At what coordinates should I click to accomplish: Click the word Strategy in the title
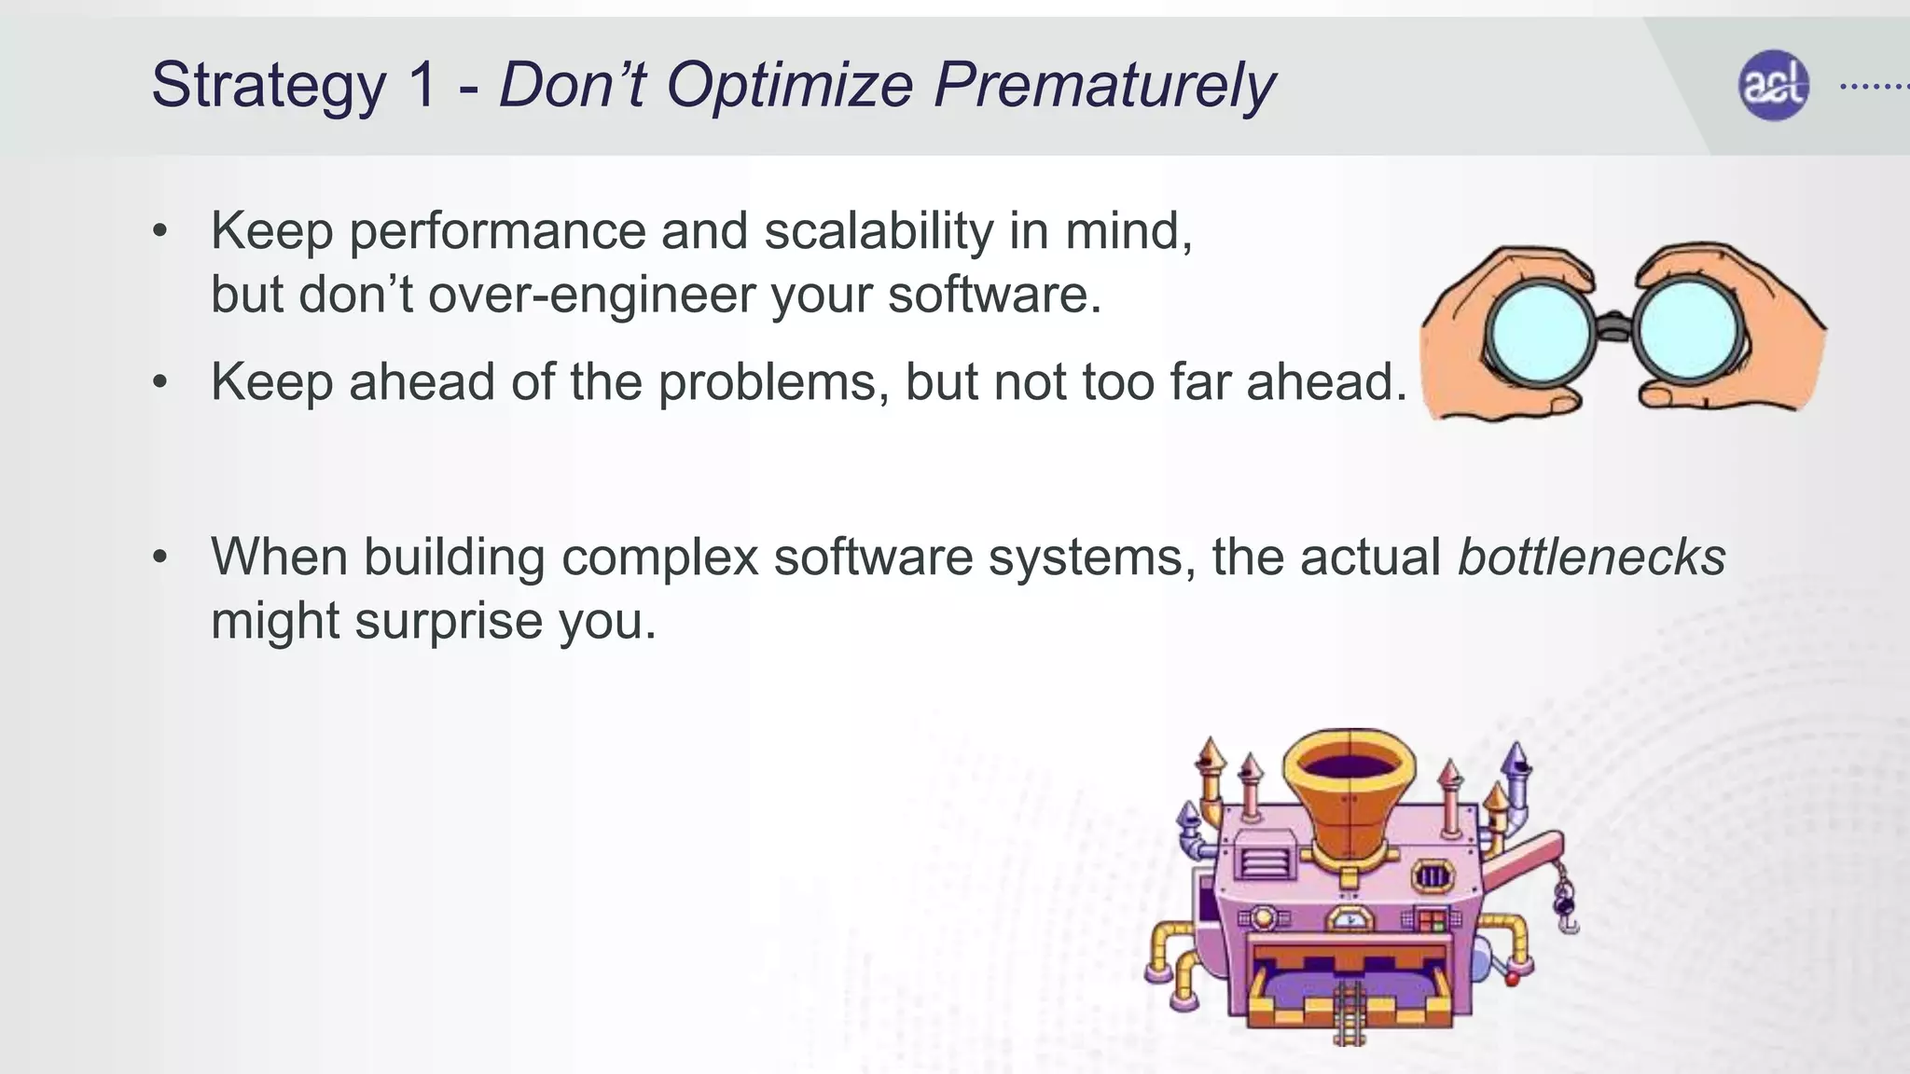[x=269, y=86]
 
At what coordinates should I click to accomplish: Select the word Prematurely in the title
[x=1104, y=86]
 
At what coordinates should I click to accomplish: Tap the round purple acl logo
[x=1773, y=86]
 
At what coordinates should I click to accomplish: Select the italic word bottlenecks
[x=1591, y=558]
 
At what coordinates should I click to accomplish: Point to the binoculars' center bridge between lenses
[x=1613, y=326]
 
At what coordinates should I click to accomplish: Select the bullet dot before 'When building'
[x=160, y=558]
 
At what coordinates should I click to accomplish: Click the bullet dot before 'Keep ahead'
[x=160, y=382]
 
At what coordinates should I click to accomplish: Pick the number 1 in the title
[x=422, y=86]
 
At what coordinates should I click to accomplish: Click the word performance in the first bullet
[x=497, y=231]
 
